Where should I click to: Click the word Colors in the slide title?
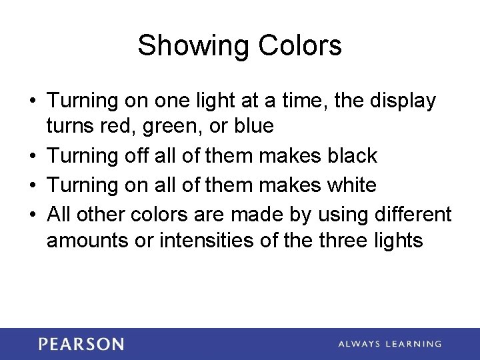(x=300, y=46)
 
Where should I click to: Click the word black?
(x=353, y=156)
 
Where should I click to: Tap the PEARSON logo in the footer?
(x=81, y=344)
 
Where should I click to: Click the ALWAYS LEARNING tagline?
(x=389, y=344)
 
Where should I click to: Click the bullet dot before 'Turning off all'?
(x=32, y=156)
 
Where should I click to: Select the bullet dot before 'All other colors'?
(x=32, y=214)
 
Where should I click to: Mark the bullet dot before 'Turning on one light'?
(x=32, y=101)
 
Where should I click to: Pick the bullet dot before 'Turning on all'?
(x=32, y=185)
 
